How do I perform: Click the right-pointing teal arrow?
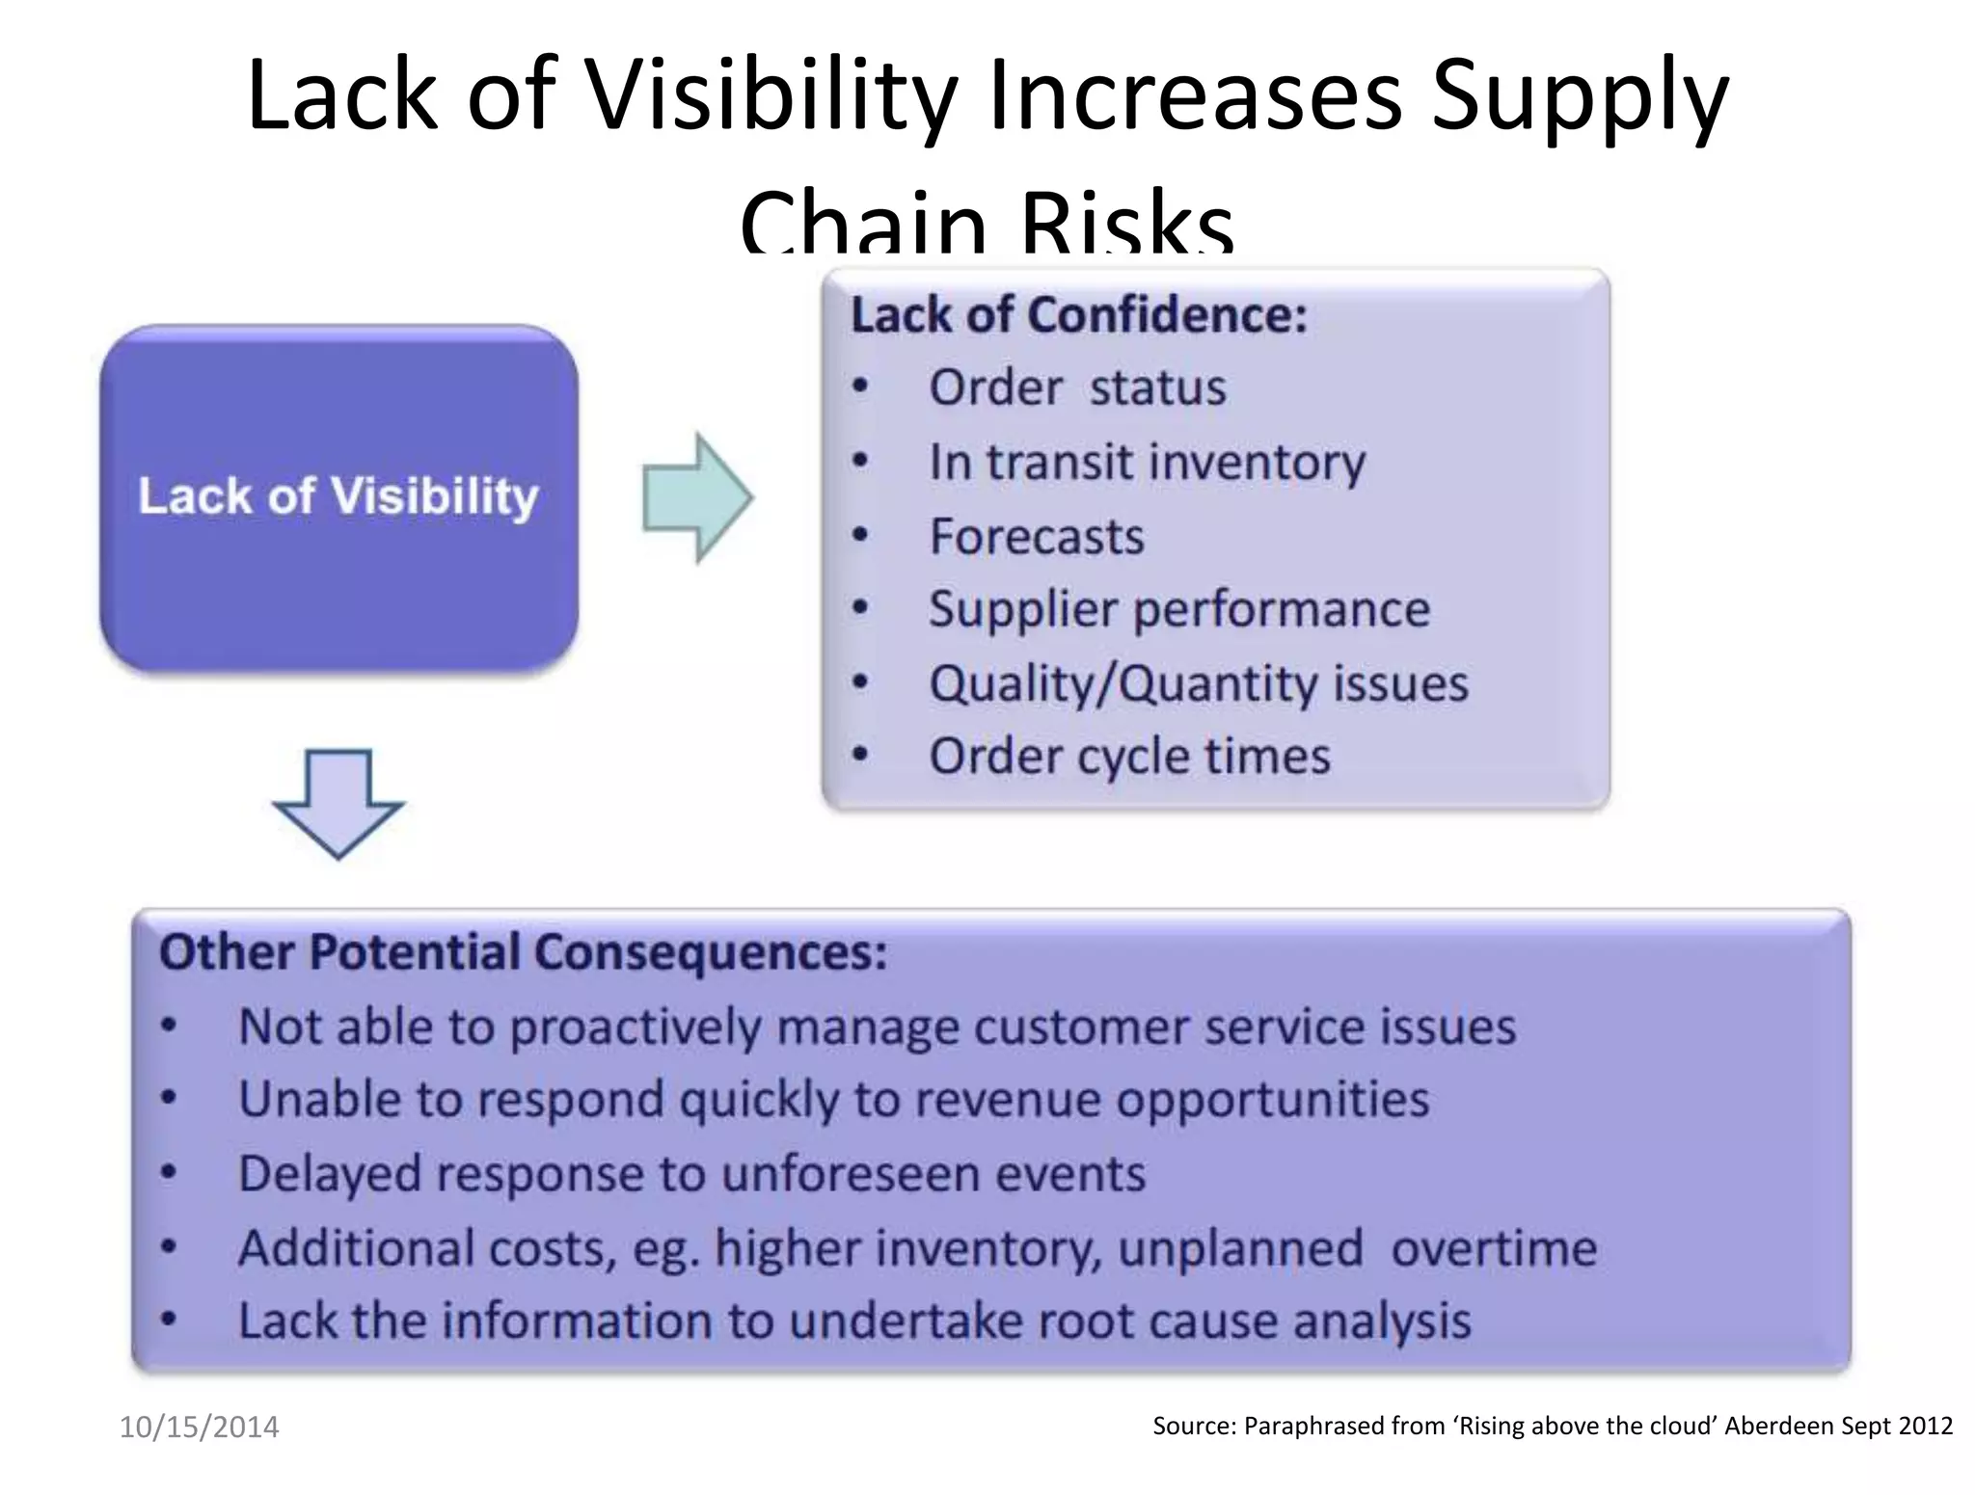click(696, 497)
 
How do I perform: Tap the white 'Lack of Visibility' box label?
click(338, 496)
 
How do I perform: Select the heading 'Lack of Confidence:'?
click(1078, 315)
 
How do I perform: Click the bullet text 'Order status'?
click(1076, 387)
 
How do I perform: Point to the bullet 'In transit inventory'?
click(1147, 462)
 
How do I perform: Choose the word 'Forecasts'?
click(1037, 536)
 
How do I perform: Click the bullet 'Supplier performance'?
click(1178, 609)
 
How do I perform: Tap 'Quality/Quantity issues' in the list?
click(1198, 683)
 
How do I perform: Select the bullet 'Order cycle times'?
click(1129, 756)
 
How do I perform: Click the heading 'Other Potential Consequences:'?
click(523, 952)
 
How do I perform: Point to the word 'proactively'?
click(636, 1028)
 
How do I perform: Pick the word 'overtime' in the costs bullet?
click(1494, 1248)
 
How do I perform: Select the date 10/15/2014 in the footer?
click(199, 1427)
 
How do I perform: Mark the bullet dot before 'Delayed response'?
click(170, 1173)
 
